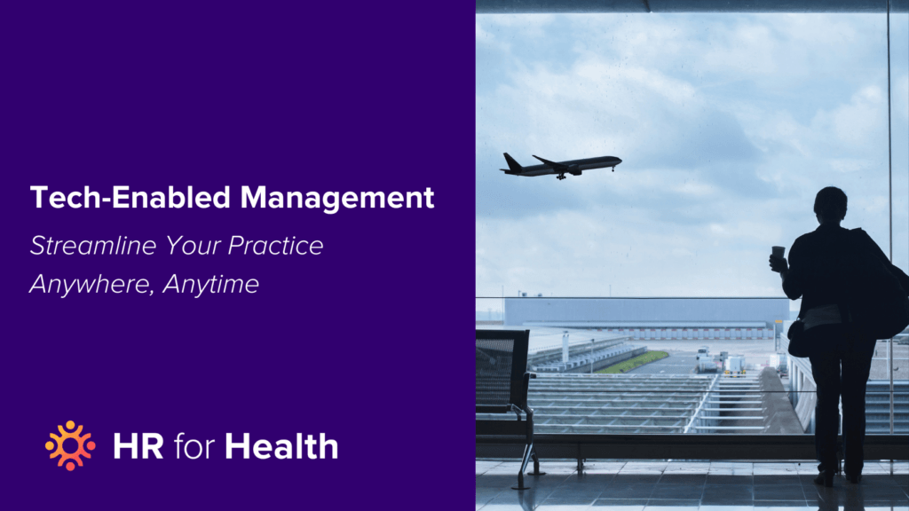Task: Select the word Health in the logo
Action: click(x=281, y=446)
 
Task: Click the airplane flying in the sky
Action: click(x=561, y=165)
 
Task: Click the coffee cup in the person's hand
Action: click(x=778, y=255)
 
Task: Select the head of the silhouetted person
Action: click(x=830, y=204)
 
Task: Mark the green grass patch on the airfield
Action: click(x=631, y=362)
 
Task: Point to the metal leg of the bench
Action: click(x=531, y=452)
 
